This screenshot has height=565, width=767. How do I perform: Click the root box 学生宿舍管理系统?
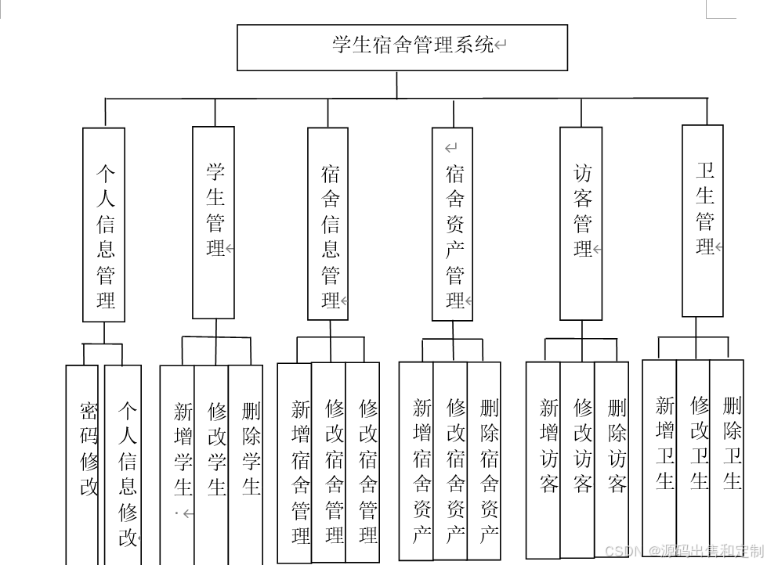(x=402, y=47)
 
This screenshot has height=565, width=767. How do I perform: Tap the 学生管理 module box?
(x=213, y=222)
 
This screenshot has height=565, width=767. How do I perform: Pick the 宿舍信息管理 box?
(x=327, y=224)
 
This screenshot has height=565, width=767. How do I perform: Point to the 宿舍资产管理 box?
(x=452, y=224)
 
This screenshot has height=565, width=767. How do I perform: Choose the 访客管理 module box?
(x=581, y=224)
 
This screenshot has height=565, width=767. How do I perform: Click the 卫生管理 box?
(x=702, y=221)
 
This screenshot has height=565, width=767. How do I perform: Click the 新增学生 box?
(x=178, y=462)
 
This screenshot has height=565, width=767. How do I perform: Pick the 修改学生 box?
(x=212, y=462)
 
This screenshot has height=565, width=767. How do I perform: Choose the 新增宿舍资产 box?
(x=416, y=462)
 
